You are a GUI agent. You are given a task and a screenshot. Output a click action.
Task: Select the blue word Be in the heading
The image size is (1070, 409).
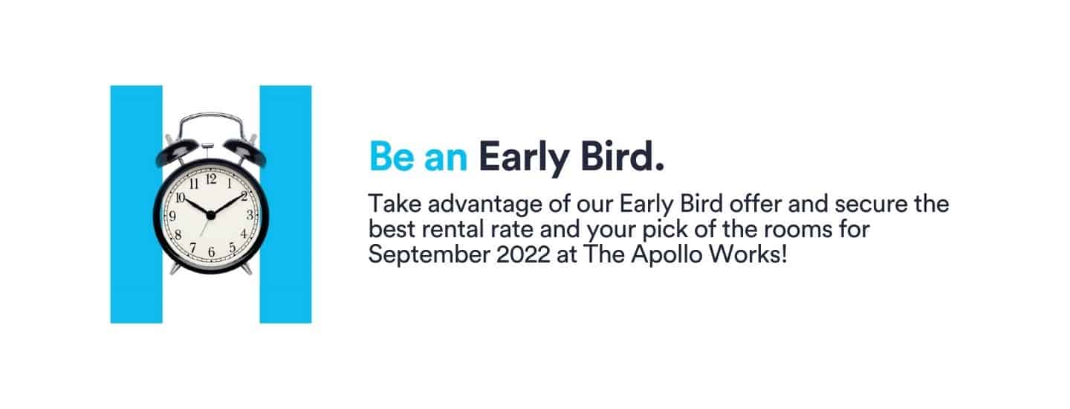392,156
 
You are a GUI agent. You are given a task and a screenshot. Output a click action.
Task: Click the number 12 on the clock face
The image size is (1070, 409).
211,179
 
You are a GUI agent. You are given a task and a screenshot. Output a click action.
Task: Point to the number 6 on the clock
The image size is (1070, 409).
212,251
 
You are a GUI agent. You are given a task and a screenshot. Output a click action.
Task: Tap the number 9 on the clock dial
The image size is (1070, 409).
173,216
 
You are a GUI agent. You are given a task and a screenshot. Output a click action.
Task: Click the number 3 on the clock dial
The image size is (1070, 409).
250,215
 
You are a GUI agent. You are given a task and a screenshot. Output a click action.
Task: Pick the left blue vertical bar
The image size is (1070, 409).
136,204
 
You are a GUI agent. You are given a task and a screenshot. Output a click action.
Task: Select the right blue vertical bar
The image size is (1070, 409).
285,204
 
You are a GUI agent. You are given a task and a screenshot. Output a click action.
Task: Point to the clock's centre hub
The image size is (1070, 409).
211,216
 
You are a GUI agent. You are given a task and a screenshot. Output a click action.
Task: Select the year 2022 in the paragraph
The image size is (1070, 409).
523,254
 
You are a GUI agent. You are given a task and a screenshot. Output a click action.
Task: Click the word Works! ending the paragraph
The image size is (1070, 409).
748,254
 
